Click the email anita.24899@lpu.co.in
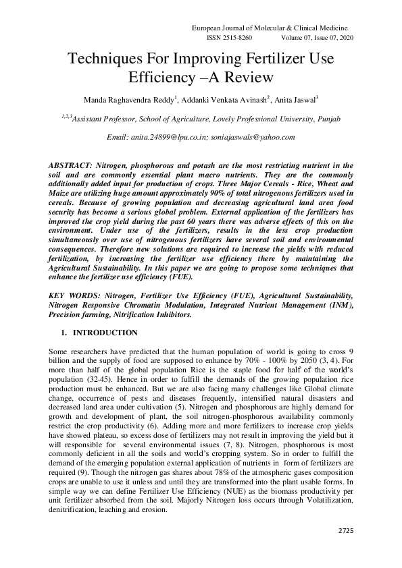pyautogui.click(x=174, y=137)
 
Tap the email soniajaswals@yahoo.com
pyautogui.click(x=257, y=137)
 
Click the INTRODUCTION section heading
pyautogui.click(x=105, y=333)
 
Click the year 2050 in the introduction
pyautogui.click(x=303, y=361)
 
